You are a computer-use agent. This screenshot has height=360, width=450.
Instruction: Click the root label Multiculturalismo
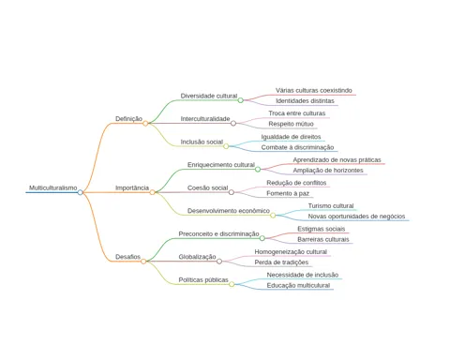53,187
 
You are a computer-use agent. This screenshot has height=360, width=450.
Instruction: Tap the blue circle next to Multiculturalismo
81,192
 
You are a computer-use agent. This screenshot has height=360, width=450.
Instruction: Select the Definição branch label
128,119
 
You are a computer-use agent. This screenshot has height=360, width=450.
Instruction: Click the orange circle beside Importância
152,192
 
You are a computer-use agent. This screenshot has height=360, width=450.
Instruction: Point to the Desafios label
127,257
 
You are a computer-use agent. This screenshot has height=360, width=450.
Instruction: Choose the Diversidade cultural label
209,96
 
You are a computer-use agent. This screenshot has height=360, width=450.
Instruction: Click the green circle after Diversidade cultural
240,100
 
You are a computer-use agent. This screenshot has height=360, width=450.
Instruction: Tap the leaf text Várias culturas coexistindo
314,90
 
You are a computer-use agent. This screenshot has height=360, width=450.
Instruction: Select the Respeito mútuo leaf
291,124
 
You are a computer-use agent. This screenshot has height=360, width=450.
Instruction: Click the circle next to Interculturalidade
233,123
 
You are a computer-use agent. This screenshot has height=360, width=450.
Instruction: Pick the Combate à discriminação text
297,147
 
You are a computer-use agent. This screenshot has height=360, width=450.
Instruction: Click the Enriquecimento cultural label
221,165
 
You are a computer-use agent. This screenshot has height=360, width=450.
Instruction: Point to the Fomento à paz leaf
288,193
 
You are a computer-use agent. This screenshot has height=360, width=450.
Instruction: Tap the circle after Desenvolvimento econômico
273,216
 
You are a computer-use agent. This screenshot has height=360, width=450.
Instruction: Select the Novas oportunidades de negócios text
356,217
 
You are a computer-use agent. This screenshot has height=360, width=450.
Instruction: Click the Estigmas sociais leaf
322,229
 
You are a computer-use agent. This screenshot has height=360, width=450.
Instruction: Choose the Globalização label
197,257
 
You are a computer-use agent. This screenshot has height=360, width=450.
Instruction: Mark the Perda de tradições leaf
281,262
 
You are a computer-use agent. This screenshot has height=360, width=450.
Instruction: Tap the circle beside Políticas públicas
232,284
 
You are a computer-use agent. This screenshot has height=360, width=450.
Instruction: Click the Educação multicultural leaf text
298,285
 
